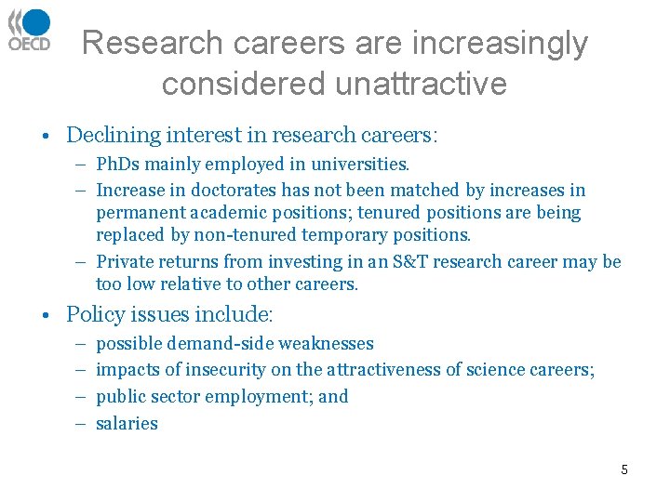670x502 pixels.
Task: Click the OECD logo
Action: (x=30, y=30)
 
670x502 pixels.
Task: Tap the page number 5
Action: (x=624, y=469)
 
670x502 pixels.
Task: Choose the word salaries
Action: (x=127, y=424)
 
